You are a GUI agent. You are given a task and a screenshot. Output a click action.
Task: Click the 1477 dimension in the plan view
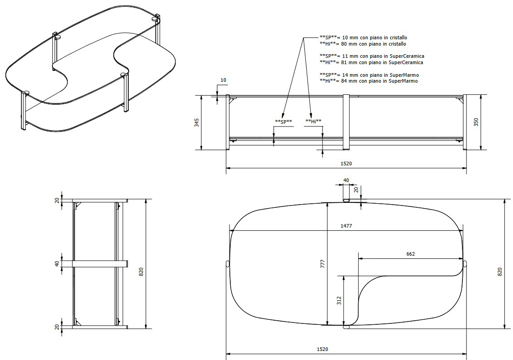pyautogui.click(x=346, y=226)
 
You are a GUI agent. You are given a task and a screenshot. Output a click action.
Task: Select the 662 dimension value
pyautogui.click(x=410, y=254)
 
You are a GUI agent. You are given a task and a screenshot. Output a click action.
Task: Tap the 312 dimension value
pyautogui.click(x=339, y=301)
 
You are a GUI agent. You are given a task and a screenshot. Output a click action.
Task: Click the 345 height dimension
pyautogui.click(x=197, y=122)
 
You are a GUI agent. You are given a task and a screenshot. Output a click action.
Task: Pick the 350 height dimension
pyautogui.click(x=476, y=122)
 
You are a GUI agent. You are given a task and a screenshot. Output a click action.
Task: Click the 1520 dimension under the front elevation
pyautogui.click(x=346, y=164)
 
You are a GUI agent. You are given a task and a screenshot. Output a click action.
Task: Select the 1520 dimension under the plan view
pyautogui.click(x=322, y=349)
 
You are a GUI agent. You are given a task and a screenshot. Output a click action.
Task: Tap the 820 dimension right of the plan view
pyautogui.click(x=500, y=272)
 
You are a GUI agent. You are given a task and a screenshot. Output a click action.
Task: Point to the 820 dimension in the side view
pyautogui.click(x=141, y=271)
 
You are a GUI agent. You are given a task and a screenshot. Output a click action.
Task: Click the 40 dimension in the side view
pyautogui.click(x=57, y=263)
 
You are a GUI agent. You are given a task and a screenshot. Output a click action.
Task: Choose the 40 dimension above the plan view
pyautogui.click(x=346, y=180)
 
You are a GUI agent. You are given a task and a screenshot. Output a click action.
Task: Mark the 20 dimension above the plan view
pyautogui.click(x=356, y=190)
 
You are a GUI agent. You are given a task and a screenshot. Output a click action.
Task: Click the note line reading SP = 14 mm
pyautogui.click(x=369, y=75)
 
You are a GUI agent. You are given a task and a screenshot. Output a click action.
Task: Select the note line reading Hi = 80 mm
pyautogui.click(x=363, y=44)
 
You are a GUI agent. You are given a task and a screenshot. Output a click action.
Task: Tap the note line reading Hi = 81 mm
pyautogui.click(x=371, y=62)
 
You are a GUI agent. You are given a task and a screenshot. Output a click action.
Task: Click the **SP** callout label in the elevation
pyautogui.click(x=284, y=122)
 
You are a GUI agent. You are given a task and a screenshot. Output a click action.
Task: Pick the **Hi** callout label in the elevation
pyautogui.click(x=313, y=121)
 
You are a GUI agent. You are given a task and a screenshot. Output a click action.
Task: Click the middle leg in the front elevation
pyautogui.click(x=346, y=122)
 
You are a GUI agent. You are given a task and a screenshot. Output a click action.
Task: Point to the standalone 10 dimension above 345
pyautogui.click(x=223, y=80)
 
